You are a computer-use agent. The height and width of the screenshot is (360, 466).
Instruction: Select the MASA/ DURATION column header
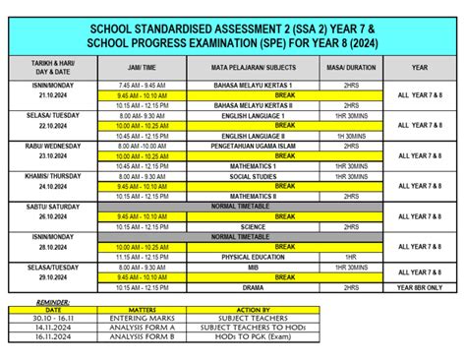tap(350, 68)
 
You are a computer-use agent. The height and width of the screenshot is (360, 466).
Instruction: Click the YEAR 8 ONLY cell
tap(420, 286)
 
